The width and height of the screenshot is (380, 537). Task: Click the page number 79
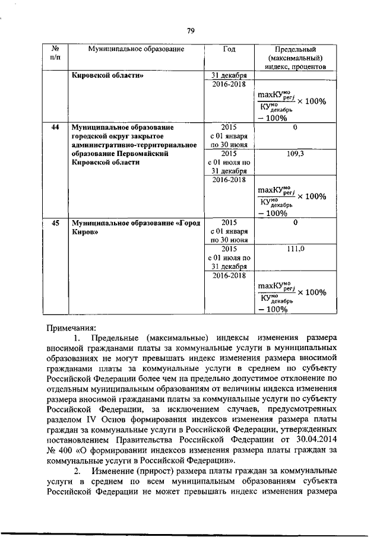point(191,30)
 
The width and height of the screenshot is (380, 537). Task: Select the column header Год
point(229,49)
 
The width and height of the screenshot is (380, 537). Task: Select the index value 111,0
point(295,250)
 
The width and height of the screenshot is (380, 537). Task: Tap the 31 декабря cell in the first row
point(229,76)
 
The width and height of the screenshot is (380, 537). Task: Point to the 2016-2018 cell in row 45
point(229,275)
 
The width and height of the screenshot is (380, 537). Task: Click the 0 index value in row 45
point(295,224)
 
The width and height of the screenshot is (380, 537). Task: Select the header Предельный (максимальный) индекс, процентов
point(295,58)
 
